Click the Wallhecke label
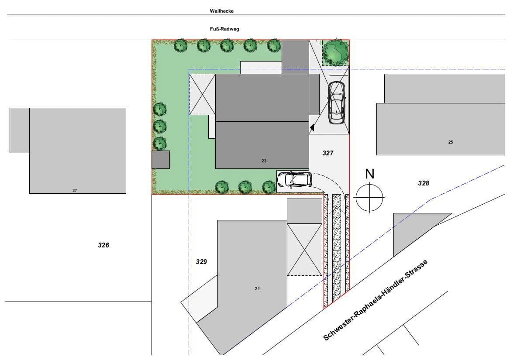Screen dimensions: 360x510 (221, 11)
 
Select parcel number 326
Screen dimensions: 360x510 (103, 245)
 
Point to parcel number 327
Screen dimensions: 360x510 (328, 153)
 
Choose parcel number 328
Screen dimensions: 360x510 (424, 183)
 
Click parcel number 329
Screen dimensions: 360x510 (201, 262)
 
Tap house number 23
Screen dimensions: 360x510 (264, 161)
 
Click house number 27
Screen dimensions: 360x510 (75, 191)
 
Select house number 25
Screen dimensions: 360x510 (451, 142)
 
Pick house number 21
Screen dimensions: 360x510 (257, 289)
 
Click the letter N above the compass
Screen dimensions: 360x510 (370, 174)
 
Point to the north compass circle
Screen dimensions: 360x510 (369, 198)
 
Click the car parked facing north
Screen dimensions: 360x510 (336, 102)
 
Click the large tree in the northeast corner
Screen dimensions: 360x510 (335, 52)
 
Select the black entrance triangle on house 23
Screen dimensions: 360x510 (312, 128)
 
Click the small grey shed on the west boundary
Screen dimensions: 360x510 (160, 160)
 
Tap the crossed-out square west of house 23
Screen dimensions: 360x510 (202, 94)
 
